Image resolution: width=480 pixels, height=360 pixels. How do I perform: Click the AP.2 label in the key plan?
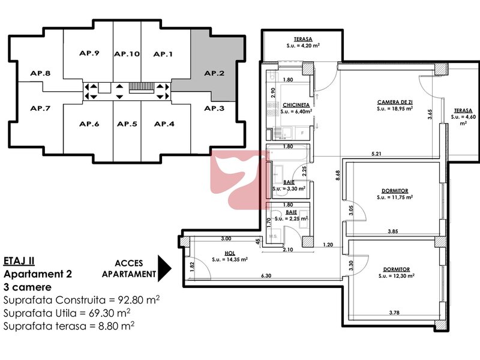point(214,73)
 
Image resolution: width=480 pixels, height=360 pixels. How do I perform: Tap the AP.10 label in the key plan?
point(127,54)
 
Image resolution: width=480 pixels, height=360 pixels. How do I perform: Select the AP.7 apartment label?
point(40,108)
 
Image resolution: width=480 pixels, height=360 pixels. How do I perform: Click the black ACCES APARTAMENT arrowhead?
point(164,268)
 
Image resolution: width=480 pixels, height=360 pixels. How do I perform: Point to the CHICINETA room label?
point(296,105)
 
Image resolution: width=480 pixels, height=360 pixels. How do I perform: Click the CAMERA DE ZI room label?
point(395,102)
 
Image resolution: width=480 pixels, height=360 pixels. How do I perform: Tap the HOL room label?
point(230,253)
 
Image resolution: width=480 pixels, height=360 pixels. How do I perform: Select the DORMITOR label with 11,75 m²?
point(395,191)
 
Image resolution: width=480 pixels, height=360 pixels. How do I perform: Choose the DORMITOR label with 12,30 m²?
point(397,269)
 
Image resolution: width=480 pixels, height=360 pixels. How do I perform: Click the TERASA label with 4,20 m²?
point(303,39)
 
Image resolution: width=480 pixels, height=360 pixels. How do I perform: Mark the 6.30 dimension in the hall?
point(266,275)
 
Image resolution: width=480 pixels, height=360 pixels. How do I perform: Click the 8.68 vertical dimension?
point(338,175)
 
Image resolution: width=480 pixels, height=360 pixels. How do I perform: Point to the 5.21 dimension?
point(376,154)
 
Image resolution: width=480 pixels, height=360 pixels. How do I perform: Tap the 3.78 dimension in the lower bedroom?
point(394,313)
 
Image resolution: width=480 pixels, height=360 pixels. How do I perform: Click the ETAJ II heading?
point(19,261)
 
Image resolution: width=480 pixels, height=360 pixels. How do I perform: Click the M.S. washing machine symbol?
point(274,236)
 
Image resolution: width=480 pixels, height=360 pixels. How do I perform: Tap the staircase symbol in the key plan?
point(141,88)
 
